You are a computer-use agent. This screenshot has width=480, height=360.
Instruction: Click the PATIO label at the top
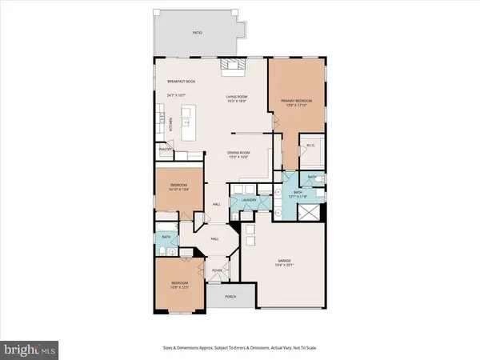[197, 33]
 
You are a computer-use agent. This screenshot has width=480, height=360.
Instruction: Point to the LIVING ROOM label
[238, 94]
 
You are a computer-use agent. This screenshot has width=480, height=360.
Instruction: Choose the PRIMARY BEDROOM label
[296, 101]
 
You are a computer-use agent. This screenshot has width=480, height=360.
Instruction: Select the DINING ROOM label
[239, 153]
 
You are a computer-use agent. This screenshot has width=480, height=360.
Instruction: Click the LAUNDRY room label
[259, 200]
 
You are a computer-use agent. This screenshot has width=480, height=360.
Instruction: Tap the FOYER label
[217, 270]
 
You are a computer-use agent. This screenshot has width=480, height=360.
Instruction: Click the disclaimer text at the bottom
[239, 350]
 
